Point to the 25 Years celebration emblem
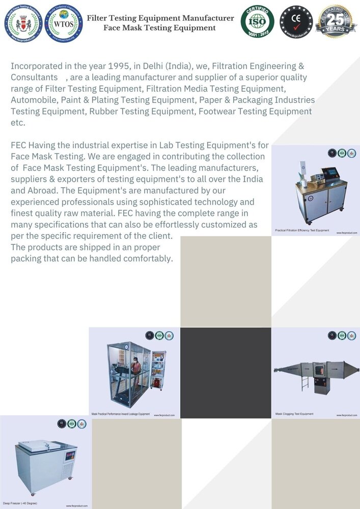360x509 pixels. (336, 21)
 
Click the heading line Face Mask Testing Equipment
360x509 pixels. (159, 27)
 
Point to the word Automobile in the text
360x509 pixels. (33, 100)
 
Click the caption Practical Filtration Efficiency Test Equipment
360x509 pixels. (301, 231)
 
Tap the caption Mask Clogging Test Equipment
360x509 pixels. (294, 414)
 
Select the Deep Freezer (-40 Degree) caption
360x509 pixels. (20, 503)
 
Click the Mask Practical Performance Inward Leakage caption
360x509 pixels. (120, 414)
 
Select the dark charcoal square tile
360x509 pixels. (226, 373)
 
